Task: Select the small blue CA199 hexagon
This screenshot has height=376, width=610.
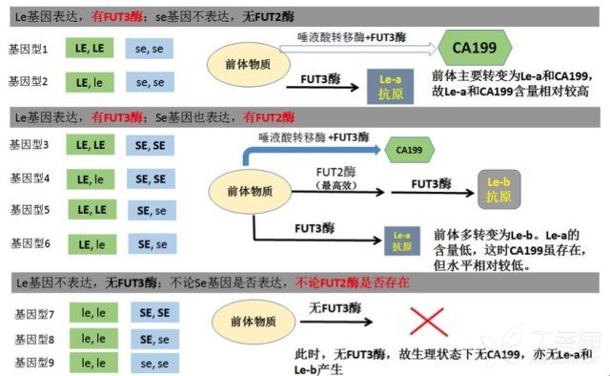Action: [411, 150]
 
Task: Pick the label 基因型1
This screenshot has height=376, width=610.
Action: [29, 47]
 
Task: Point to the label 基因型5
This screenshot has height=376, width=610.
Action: [30, 210]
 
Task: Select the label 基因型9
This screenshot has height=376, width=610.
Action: [34, 362]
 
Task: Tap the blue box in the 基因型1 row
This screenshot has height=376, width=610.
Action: [150, 48]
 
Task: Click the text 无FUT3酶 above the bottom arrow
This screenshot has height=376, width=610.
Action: [335, 308]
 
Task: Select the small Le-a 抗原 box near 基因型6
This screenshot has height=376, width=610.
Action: [401, 240]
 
